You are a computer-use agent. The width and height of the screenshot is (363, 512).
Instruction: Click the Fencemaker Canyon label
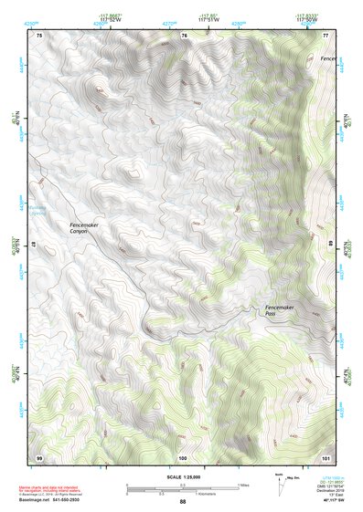click(84, 228)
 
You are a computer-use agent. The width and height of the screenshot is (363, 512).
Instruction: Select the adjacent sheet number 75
click(38, 36)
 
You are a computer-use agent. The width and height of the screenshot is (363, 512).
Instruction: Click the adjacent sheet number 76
click(184, 36)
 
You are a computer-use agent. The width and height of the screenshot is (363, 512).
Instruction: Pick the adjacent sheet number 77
click(325, 36)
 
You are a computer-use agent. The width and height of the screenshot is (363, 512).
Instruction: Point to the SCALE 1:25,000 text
click(182, 476)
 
